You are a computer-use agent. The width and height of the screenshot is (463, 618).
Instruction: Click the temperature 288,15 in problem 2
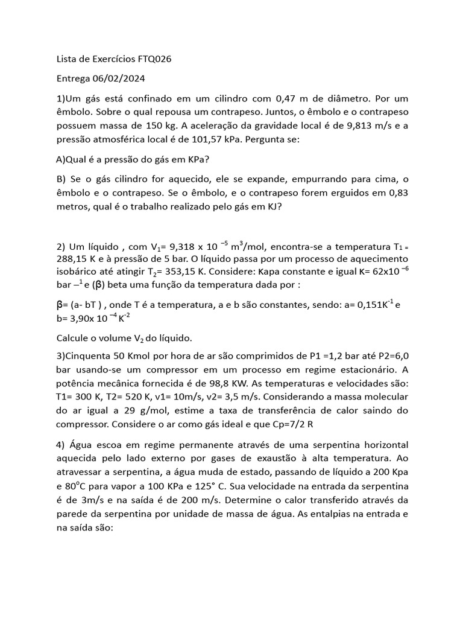click(72, 261)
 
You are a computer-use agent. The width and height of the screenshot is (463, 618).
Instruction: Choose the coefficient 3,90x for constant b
click(81, 319)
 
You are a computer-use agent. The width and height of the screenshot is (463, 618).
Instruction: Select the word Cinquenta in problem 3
click(90, 357)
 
